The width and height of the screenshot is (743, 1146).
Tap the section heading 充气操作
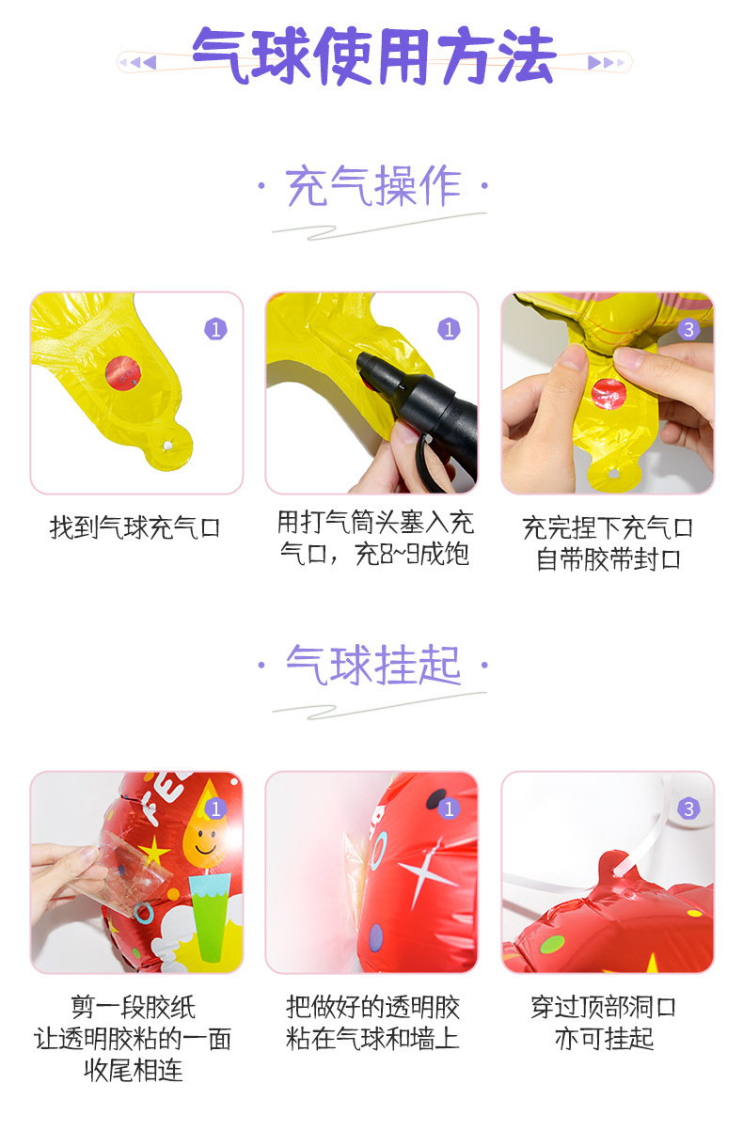(x=373, y=186)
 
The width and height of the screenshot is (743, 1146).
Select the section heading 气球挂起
(x=373, y=666)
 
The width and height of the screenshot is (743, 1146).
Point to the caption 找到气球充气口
(x=135, y=528)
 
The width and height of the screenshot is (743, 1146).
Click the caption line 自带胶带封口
(x=608, y=559)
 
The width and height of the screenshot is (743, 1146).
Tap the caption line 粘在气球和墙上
(x=372, y=1039)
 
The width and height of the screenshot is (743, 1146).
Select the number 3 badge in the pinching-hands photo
(x=689, y=329)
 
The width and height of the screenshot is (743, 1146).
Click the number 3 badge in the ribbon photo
(x=689, y=808)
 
